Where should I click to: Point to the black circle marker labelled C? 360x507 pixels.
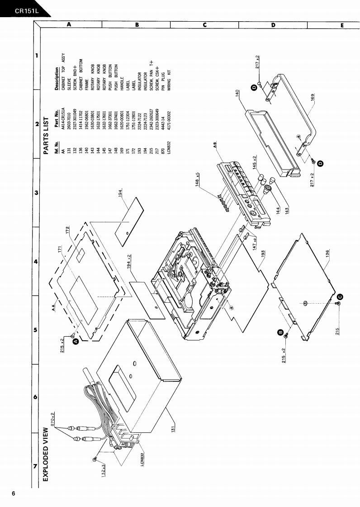(340, 296)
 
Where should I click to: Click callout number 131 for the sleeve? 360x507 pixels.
(173, 429)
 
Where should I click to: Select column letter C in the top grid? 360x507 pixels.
(204, 25)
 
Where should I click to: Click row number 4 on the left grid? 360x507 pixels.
(35, 262)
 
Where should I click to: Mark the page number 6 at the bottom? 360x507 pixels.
(14, 493)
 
